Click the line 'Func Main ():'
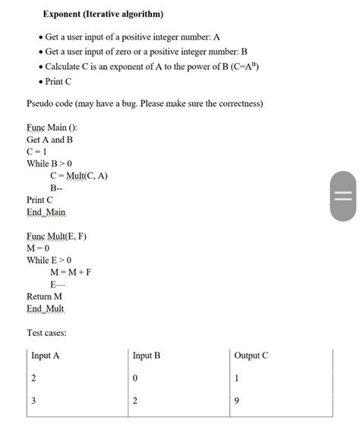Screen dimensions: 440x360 52,127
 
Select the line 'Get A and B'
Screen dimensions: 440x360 50,139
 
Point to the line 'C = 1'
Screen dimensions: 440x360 37,151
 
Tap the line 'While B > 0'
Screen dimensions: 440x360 49,163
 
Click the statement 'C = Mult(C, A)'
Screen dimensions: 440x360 79,176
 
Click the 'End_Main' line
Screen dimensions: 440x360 46,212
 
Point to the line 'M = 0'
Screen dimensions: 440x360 38,248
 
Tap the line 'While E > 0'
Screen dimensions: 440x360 49,260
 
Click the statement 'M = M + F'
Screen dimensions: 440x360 71,272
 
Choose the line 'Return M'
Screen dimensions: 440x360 44,296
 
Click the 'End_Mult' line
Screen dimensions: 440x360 46,309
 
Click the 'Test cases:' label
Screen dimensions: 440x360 46,333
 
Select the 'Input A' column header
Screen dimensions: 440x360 46,356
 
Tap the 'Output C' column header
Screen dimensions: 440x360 251,356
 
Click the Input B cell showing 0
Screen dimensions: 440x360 135,378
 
